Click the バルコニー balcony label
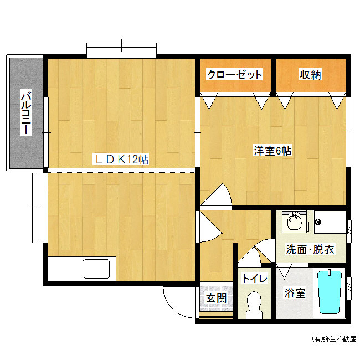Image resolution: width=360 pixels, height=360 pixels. (26, 113)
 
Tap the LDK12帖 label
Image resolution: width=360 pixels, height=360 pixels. (121, 160)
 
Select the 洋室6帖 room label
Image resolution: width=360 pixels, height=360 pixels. (272, 151)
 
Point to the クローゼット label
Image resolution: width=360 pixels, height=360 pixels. (234, 74)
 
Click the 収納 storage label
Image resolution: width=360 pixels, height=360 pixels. (310, 74)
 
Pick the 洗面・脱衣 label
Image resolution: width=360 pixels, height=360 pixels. (310, 249)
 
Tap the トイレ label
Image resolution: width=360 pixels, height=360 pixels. (254, 278)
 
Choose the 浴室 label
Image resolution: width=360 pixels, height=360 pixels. (295, 293)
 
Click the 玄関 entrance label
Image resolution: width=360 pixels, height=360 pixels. (216, 298)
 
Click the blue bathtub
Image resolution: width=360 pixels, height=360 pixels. (330, 292)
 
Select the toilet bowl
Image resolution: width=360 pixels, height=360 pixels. (254, 305)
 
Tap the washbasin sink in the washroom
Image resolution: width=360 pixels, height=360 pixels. (295, 221)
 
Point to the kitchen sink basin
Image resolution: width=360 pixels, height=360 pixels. (96, 269)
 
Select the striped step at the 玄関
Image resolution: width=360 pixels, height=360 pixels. (215, 316)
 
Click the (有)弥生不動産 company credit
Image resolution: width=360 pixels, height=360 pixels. (334, 338)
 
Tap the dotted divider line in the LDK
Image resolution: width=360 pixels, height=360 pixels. (121, 170)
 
